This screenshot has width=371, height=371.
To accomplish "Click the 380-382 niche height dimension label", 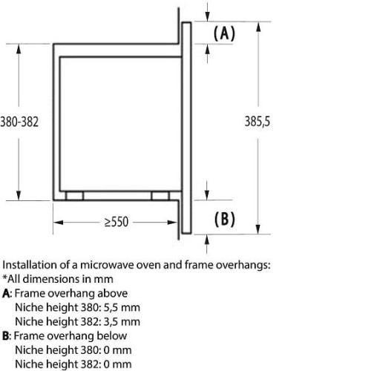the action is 19,122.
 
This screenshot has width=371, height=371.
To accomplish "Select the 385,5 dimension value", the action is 257,122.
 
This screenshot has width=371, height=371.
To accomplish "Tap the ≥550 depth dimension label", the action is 116,222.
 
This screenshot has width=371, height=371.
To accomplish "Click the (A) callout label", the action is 224,33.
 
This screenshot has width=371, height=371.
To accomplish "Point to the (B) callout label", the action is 224,219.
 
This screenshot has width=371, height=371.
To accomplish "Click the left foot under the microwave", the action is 74,196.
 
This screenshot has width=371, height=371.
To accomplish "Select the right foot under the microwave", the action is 160,196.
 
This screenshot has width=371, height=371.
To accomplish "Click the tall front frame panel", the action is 186,128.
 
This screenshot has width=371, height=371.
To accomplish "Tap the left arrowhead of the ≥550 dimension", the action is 58,223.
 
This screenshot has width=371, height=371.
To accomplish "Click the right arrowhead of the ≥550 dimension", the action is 172,223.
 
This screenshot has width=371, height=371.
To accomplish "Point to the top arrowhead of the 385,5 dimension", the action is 258,27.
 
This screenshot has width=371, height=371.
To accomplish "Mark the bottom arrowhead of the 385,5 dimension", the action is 258,229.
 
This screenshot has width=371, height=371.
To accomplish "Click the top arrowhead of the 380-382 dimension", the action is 19,49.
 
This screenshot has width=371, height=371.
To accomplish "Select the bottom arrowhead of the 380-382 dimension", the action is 19,195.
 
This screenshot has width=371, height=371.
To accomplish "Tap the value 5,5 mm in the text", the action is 122,308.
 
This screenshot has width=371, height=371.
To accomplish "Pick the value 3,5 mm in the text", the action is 122,322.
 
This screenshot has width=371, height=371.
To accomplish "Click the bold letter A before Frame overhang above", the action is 6,294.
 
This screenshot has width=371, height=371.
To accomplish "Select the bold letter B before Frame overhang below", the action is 6,336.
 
